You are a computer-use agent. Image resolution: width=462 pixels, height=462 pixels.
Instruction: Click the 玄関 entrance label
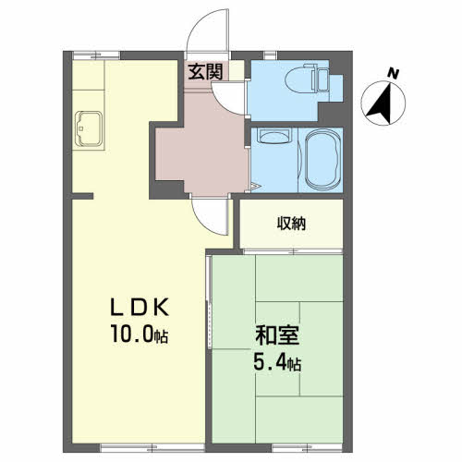pyautogui.click(x=205, y=72)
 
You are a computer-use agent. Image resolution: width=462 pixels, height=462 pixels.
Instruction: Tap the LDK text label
pyautogui.click(x=140, y=307)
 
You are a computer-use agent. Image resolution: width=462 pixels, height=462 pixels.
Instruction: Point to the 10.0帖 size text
pyautogui.click(x=140, y=334)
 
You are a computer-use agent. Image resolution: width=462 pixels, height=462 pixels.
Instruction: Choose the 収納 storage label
pyautogui.click(x=291, y=224)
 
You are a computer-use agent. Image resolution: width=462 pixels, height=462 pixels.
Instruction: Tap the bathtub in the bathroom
pyautogui.click(x=322, y=159)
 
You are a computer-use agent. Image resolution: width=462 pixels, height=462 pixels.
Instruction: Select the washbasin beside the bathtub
pyautogui.click(x=274, y=136)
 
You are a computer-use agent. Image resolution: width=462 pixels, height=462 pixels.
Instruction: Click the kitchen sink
pyautogui.click(x=89, y=128)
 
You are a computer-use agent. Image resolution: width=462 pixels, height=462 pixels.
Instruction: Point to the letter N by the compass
pyautogui.click(x=393, y=74)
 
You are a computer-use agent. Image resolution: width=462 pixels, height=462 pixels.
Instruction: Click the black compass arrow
pyautogui.click(x=382, y=103)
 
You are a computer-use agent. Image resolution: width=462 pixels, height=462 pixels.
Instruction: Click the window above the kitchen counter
pyautogui.click(x=96, y=55)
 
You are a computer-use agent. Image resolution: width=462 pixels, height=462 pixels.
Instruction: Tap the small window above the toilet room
pyautogui.click(x=271, y=55)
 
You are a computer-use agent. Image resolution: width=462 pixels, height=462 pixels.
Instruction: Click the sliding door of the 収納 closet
pyautogui.click(x=293, y=251)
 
